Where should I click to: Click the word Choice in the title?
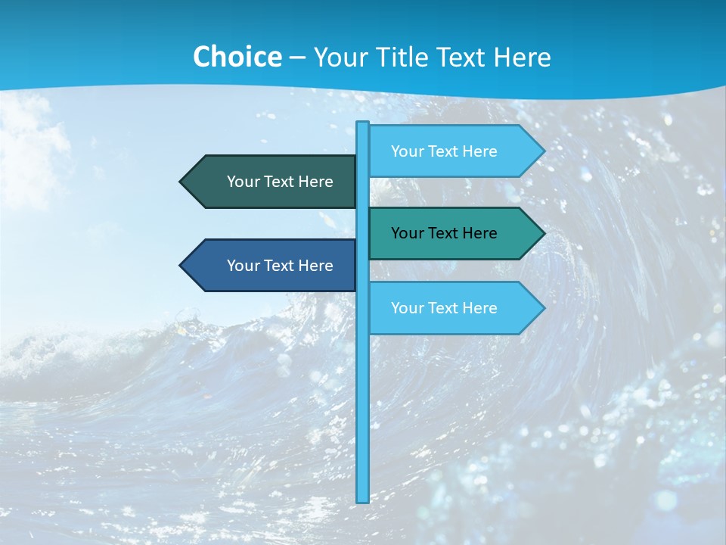(x=237, y=57)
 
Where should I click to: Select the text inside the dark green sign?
(x=280, y=182)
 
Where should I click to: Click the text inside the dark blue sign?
(x=280, y=266)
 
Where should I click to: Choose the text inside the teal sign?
(x=444, y=233)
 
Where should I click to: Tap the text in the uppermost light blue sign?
(x=444, y=151)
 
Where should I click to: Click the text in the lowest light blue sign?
(x=444, y=308)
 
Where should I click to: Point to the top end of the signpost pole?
(x=363, y=123)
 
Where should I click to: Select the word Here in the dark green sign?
(x=316, y=182)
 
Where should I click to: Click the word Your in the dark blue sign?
(x=243, y=266)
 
